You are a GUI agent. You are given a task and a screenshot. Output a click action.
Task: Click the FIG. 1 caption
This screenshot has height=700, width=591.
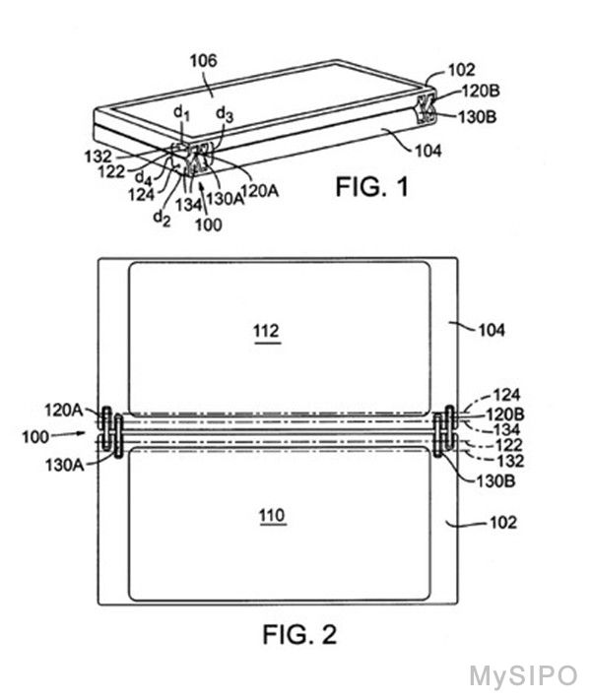(371, 187)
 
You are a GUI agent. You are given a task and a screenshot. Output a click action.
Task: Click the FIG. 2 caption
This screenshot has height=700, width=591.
(299, 634)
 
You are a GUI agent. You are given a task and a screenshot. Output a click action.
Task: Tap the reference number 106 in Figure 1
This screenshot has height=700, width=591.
(203, 61)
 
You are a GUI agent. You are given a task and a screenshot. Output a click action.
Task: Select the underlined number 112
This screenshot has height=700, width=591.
(267, 331)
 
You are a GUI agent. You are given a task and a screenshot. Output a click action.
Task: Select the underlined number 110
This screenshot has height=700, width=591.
(272, 516)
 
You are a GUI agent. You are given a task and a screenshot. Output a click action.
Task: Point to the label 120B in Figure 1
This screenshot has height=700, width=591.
(480, 91)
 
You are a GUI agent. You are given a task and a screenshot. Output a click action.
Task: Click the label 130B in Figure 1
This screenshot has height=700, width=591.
(477, 117)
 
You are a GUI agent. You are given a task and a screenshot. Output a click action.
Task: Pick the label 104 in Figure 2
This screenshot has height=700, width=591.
(492, 331)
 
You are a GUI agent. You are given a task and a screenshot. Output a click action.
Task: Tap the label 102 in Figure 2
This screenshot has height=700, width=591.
(503, 523)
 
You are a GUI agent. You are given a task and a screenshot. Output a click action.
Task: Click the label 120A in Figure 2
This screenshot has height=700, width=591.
(63, 410)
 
